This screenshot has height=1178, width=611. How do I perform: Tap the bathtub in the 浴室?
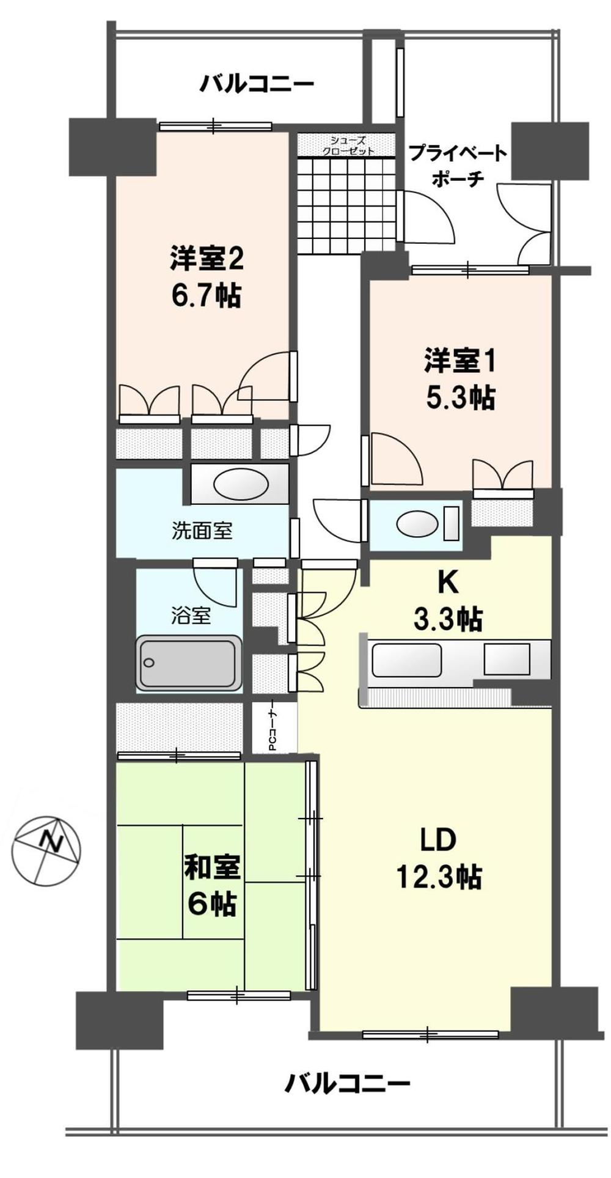(188, 664)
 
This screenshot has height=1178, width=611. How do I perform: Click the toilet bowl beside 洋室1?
(418, 523)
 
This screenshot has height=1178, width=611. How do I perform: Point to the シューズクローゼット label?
(348, 145)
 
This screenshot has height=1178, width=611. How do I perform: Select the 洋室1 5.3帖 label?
(459, 379)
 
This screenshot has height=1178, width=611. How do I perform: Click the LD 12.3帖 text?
(439, 859)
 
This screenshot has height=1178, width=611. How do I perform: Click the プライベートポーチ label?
(458, 164)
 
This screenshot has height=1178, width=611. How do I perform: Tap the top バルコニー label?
(257, 83)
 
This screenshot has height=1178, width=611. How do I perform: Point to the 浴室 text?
(191, 616)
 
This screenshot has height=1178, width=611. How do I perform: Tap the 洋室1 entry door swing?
(395, 458)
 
